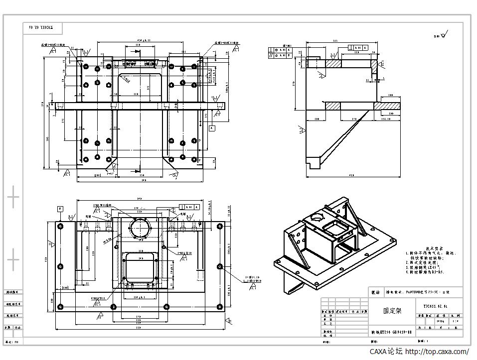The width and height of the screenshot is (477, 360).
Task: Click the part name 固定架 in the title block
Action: (x=392, y=311)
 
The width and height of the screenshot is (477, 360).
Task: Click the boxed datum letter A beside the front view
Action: (x=212, y=128)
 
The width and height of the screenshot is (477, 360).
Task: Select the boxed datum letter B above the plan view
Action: (x=60, y=209)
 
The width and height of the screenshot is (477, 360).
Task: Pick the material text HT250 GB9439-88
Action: (x=391, y=332)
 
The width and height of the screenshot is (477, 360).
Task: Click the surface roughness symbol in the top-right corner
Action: (x=443, y=35)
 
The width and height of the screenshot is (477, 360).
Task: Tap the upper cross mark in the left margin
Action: (x=13, y=198)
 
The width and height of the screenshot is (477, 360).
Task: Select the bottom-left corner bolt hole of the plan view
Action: (x=60, y=306)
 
